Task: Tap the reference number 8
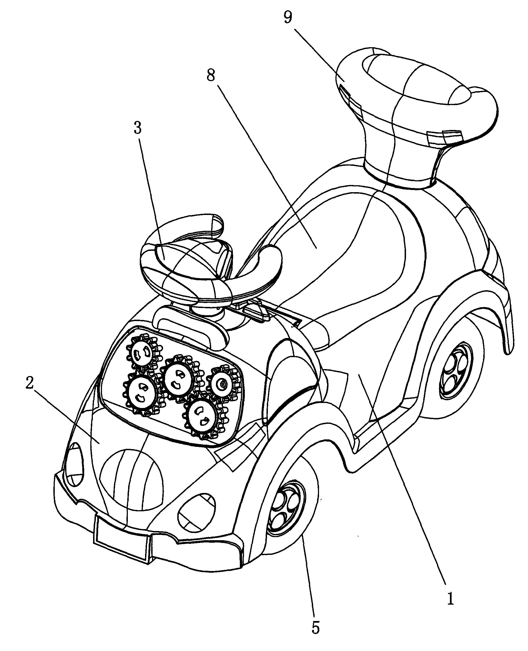(x=211, y=75)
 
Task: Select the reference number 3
(x=138, y=128)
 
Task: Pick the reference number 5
(x=316, y=626)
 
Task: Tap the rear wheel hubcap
(x=454, y=370)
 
